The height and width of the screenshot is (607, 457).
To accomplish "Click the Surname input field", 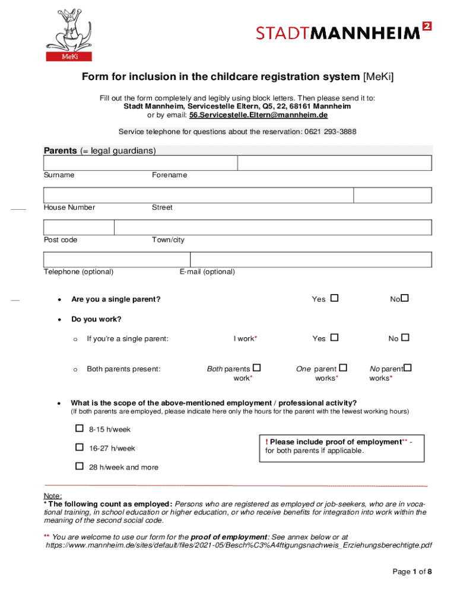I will pyautogui.click(x=141, y=164).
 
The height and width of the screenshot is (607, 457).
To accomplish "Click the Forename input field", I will pyautogui.click(x=334, y=164).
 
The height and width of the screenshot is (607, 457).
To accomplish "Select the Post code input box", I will pyautogui.click(x=79, y=228).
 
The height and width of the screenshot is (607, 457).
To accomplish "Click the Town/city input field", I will pyautogui.click(x=272, y=228).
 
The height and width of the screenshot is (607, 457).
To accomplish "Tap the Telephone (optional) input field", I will pyautogui.click(x=117, y=260).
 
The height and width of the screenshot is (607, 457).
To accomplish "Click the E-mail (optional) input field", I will pyautogui.click(x=310, y=260).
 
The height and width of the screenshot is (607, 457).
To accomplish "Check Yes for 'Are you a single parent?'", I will pyautogui.click(x=334, y=298).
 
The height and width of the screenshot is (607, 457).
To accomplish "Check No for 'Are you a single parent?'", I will pyautogui.click(x=405, y=298).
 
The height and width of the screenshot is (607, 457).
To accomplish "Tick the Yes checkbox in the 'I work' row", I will pyautogui.click(x=334, y=337).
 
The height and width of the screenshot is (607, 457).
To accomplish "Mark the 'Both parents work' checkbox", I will pyautogui.click(x=257, y=368).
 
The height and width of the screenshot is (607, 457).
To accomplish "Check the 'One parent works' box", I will pyautogui.click(x=343, y=368).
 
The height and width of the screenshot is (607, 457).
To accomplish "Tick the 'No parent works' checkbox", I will pyautogui.click(x=408, y=368).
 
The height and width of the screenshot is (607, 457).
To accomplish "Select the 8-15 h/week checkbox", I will pyautogui.click(x=80, y=428).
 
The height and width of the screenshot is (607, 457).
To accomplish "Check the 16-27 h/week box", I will pyautogui.click(x=80, y=448).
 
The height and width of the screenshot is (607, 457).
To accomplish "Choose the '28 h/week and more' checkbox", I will pyautogui.click(x=80, y=466).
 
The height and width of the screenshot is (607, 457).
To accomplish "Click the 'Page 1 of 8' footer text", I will pyautogui.click(x=412, y=572).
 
